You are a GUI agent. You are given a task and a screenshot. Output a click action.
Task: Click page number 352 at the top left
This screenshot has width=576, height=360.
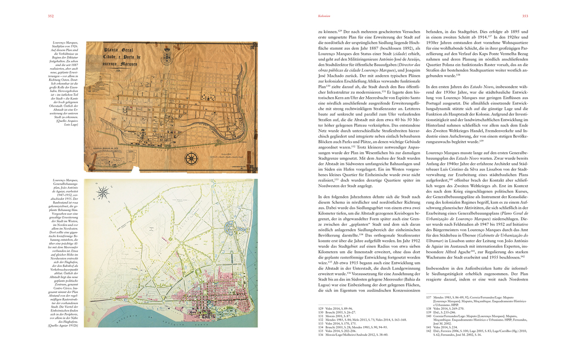(51, 16)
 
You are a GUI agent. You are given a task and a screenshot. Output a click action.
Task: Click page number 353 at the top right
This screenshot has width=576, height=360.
(525, 16)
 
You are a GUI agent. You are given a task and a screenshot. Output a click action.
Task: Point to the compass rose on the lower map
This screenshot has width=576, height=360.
(103, 193)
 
